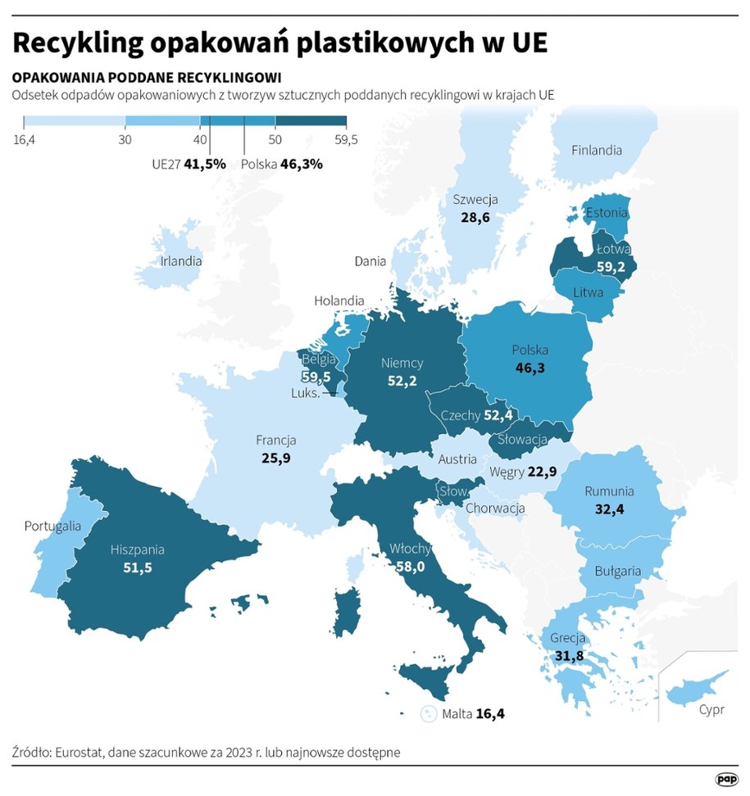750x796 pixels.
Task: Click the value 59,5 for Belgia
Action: [315, 378]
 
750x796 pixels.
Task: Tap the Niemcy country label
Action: [402, 363]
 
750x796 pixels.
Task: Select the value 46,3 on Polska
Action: [530, 369]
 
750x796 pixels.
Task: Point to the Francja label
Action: [275, 440]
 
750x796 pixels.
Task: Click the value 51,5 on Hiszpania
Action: [137, 567]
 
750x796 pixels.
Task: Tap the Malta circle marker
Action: [428, 714]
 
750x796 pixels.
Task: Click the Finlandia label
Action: [597, 150]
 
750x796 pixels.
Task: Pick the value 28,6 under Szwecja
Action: [475, 218]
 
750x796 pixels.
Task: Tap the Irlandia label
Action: [180, 261]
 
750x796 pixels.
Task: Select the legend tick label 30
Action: [125, 140]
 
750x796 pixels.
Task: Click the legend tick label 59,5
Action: [346, 140]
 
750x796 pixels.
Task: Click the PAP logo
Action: [725, 778]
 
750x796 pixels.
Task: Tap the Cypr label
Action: [711, 710]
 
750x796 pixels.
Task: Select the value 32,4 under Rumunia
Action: [608, 509]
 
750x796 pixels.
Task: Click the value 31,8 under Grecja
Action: [566, 654]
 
